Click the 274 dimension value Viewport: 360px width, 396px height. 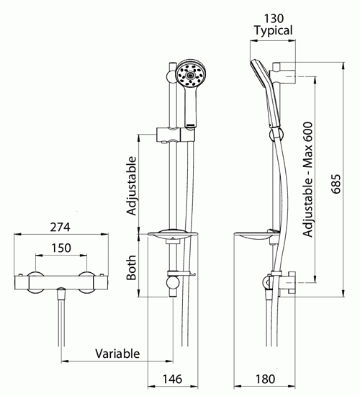(60, 227)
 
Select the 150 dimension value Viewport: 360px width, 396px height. (61, 248)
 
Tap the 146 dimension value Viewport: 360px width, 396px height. (172, 379)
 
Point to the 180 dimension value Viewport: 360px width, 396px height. (265, 379)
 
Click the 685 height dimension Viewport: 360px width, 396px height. (336, 184)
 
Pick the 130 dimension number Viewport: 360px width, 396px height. (274, 19)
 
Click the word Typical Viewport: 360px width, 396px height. (274, 30)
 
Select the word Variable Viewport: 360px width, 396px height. (117, 354)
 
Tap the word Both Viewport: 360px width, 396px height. (131, 268)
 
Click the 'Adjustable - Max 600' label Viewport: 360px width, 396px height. (307, 179)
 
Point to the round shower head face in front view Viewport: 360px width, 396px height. (191, 74)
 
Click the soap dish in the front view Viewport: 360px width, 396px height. (173, 235)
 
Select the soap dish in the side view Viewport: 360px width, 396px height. (256, 235)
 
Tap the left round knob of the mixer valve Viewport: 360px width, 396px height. (35, 283)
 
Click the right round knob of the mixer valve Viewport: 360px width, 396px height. (87, 283)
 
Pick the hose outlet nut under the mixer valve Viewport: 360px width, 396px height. (61, 294)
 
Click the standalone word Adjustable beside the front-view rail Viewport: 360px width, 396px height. (131, 186)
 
